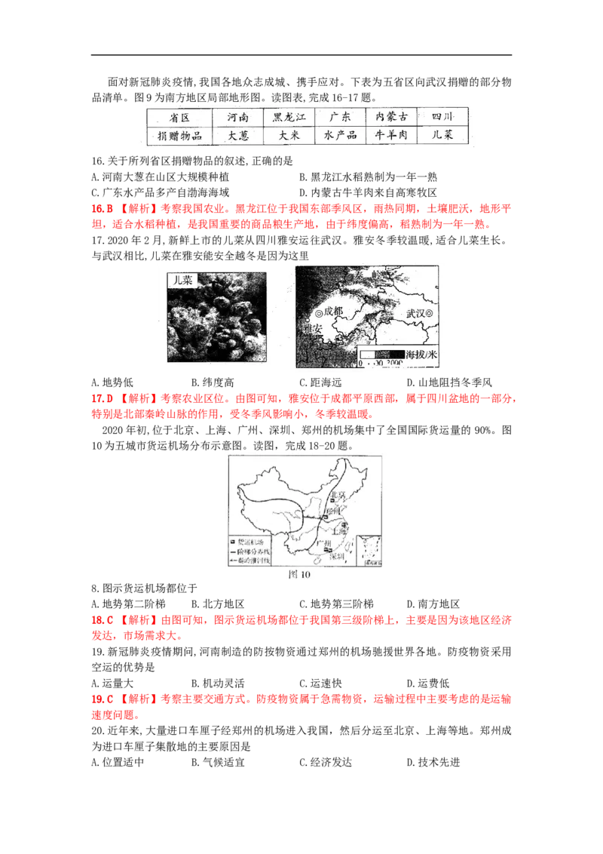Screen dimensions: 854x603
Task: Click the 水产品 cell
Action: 338,137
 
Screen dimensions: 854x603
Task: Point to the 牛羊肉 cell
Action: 391,137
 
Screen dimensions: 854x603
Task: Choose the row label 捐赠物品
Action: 174,137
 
